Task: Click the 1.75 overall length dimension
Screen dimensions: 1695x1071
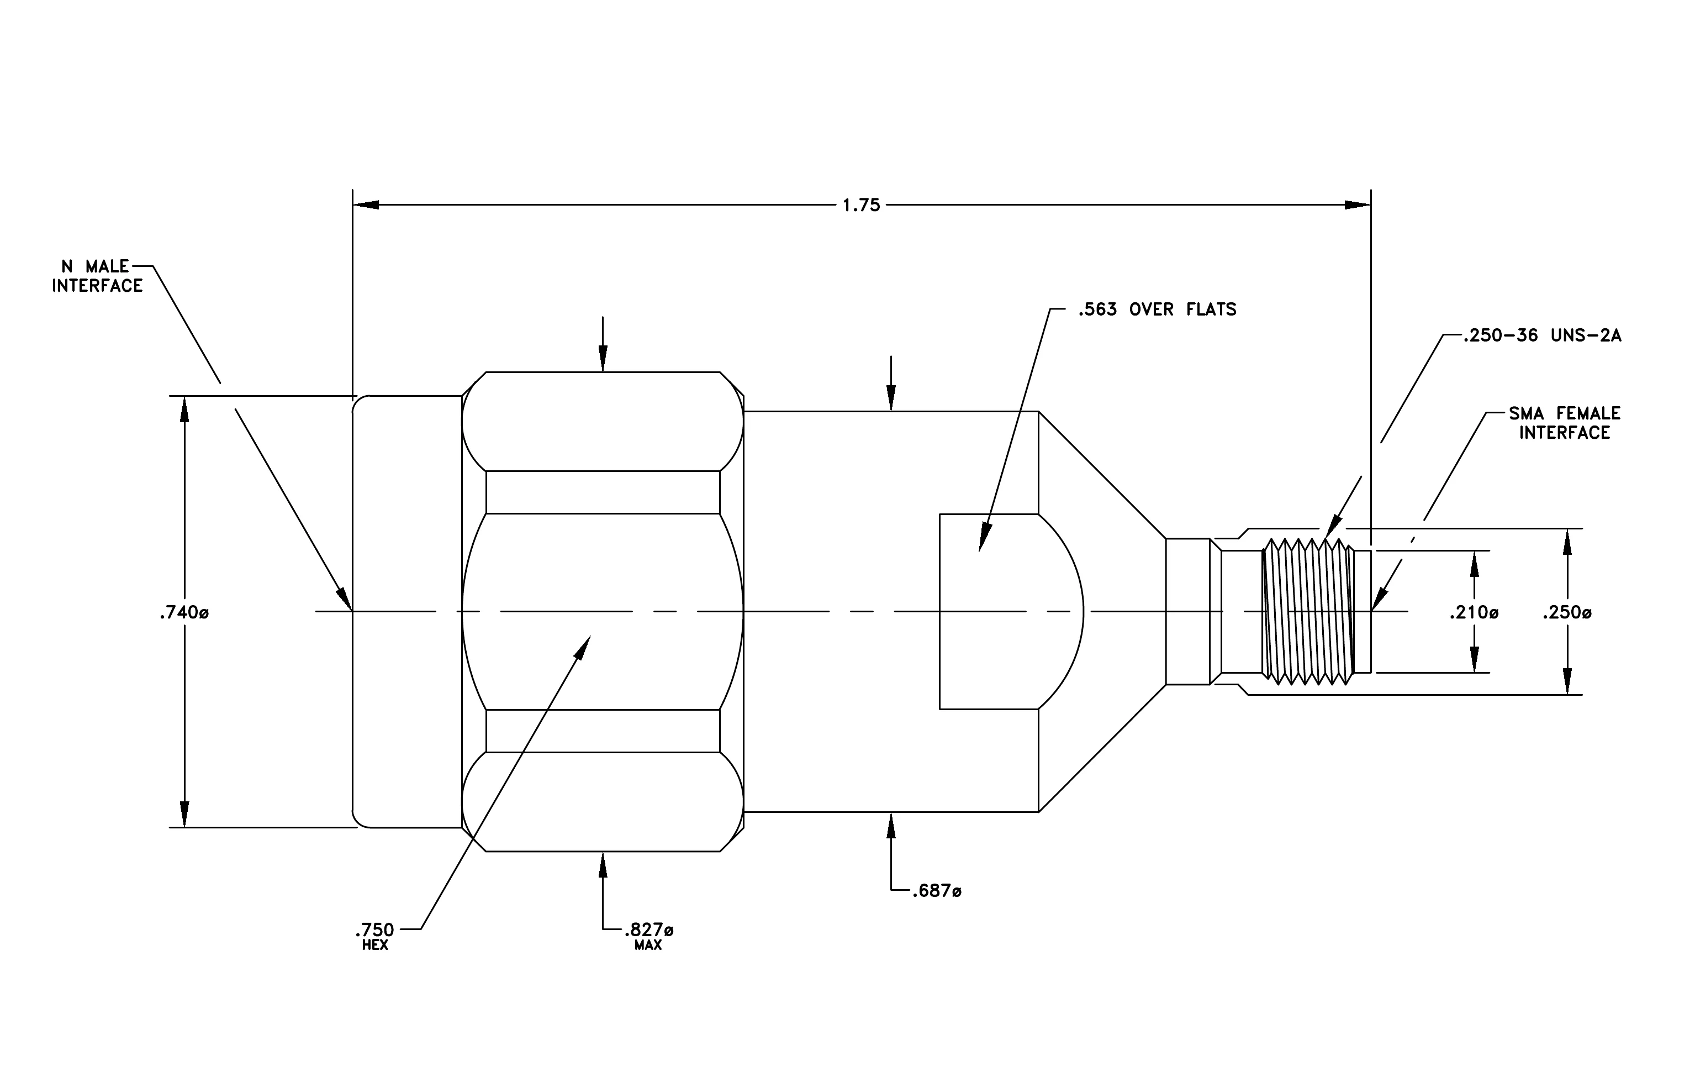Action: click(862, 205)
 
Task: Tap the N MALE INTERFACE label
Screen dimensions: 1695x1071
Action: click(97, 276)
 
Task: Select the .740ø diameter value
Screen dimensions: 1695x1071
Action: click(184, 613)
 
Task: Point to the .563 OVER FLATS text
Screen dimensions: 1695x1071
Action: click(1157, 309)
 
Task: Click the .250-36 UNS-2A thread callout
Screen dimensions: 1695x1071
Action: click(1541, 336)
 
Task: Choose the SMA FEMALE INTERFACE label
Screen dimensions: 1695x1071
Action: click(1564, 422)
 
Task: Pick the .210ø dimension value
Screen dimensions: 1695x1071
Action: click(1474, 613)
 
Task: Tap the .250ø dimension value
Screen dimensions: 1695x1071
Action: click(1567, 613)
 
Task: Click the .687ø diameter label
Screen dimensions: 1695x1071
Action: click(936, 891)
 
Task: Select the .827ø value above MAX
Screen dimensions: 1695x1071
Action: click(648, 930)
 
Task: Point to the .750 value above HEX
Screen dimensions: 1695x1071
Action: click(375, 930)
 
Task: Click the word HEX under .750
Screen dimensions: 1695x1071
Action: click(375, 945)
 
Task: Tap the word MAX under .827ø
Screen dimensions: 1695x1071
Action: click(648, 946)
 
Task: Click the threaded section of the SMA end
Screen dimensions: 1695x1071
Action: click(1308, 611)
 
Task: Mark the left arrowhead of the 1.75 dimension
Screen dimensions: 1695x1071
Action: click(366, 205)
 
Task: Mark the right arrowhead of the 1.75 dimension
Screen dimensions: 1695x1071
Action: click(1357, 205)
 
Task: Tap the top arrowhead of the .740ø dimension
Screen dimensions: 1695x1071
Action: click(184, 409)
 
